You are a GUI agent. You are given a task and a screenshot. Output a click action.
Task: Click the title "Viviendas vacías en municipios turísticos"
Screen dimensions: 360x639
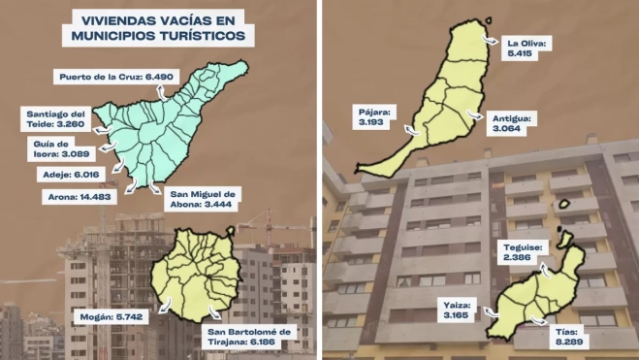point(157,26)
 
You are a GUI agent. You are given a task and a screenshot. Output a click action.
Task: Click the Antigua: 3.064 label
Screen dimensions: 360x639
point(514,123)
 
